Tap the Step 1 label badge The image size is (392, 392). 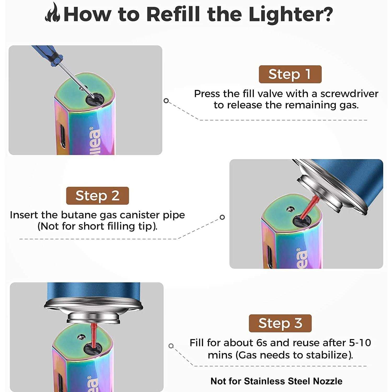pyautogui.click(x=290, y=74)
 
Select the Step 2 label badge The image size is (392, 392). pyautogui.click(x=97, y=196)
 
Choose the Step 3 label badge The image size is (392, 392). pyautogui.click(x=280, y=323)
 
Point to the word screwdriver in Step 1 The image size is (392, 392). pyautogui.click(x=349, y=94)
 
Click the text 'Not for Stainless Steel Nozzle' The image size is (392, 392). pyautogui.click(x=276, y=381)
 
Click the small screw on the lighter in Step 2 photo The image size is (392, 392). pyautogui.click(x=290, y=209)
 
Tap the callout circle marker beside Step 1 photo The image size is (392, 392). pyautogui.click(x=166, y=101)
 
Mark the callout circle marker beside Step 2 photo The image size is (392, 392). pyautogui.click(x=222, y=217)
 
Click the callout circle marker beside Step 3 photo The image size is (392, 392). pyautogui.click(x=171, y=346)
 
